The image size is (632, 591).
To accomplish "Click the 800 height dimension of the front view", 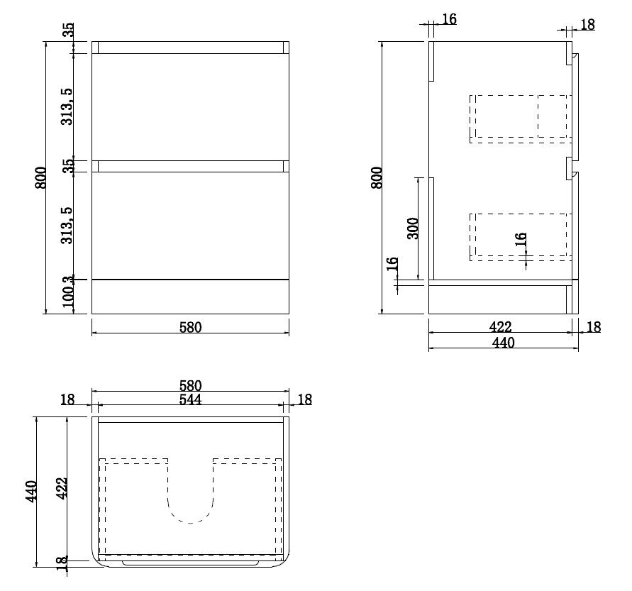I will tap(41, 177).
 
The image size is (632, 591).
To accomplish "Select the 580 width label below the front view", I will tap(190, 327).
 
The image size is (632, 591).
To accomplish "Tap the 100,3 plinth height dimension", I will tap(69, 295).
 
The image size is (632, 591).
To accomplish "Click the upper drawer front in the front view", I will tap(190, 106).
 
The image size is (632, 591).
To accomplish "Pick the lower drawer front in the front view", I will tap(190, 226).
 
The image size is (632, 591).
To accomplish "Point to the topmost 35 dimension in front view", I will tap(69, 31).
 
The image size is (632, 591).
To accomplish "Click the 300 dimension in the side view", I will tap(414, 228).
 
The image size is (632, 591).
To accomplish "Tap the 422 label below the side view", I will tap(500, 327).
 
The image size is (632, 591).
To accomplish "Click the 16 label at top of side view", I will tap(449, 19).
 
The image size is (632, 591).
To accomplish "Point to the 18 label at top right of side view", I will tap(587, 25).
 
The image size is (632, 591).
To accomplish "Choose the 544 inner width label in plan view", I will tap(190, 399).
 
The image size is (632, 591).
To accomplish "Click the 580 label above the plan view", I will tap(190, 386).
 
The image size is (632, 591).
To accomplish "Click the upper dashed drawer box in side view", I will tap(519, 118).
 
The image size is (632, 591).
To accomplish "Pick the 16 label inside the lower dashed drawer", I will tap(521, 241).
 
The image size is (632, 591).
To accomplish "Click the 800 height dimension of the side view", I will tap(377, 177).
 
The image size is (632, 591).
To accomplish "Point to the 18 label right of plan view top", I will tap(304, 399).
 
